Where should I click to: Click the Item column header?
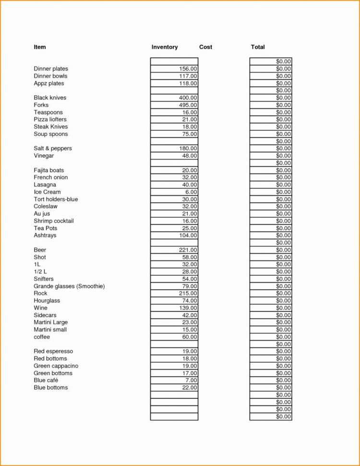point(40,47)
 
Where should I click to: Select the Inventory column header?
point(165,47)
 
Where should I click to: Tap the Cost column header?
point(205,47)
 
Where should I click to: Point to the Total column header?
point(258,47)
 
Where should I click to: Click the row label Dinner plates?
point(51,69)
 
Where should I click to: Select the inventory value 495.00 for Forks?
point(188,105)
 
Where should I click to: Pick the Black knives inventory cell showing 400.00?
point(188,98)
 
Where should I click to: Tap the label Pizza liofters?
point(50,119)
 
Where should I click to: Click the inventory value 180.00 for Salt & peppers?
point(188,148)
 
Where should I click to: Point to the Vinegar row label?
point(44,156)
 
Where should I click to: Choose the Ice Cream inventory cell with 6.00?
point(191,192)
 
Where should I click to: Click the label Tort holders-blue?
point(56,199)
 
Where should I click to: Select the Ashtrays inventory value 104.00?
point(188,235)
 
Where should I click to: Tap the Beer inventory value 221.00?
point(188,250)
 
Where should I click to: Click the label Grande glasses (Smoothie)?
point(69,286)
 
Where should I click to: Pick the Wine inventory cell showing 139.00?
point(188,308)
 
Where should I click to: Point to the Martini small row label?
point(50,330)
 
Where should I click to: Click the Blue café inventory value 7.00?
point(191,380)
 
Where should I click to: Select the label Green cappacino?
point(56,366)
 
